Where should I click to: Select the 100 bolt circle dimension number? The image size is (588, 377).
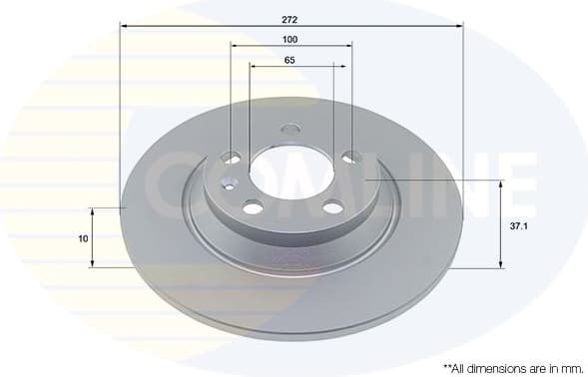tap(291, 40)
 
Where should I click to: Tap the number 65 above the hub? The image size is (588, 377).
tap(291, 61)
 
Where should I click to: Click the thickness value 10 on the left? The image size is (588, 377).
tap(83, 238)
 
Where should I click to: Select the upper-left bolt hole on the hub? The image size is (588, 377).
tap(232, 158)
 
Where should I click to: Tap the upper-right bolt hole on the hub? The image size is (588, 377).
tap(351, 156)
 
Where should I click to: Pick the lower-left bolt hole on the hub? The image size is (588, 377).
tap(254, 206)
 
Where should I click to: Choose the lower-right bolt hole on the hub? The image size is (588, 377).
tap(332, 206)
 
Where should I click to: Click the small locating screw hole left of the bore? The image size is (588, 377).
tap(228, 184)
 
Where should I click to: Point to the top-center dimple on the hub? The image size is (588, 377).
tap(291, 129)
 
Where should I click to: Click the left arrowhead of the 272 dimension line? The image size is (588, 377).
tap(124, 24)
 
